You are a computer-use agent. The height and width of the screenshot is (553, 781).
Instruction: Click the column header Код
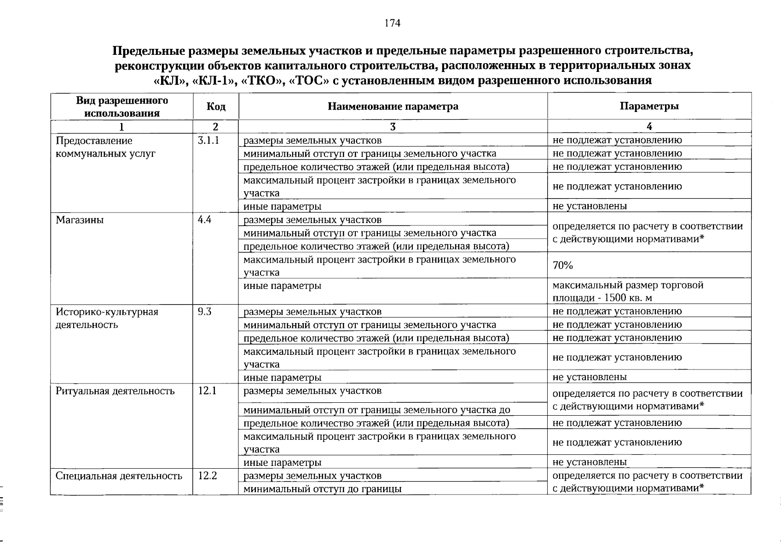click(216, 107)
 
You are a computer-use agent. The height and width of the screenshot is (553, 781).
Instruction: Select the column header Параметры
click(649, 106)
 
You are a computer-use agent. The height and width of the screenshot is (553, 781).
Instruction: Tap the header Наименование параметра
click(393, 106)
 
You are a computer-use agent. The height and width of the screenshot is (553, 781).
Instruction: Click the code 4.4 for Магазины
click(204, 220)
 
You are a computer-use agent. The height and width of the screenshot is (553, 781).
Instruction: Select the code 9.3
click(204, 312)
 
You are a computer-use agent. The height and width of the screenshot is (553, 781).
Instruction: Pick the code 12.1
click(207, 391)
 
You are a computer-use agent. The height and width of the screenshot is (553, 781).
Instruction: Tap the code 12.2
click(207, 476)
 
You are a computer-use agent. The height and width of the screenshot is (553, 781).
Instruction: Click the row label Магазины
click(80, 220)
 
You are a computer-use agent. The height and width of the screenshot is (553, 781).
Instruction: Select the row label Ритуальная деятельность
click(115, 392)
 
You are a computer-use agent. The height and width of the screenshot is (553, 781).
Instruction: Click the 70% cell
click(563, 265)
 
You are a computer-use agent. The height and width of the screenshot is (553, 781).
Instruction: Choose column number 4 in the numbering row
click(649, 127)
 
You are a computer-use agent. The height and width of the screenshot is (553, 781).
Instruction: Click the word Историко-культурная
click(107, 312)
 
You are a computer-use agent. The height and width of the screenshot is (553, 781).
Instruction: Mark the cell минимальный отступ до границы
click(322, 489)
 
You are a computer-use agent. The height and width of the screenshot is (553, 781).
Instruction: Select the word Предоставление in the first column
click(94, 141)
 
